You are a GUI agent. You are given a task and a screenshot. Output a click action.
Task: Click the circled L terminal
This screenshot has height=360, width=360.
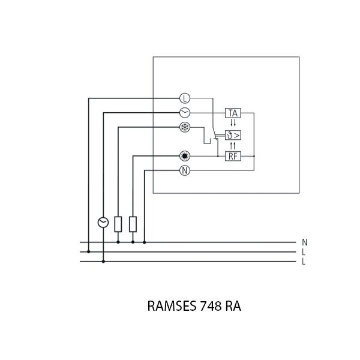click(x=185, y=98)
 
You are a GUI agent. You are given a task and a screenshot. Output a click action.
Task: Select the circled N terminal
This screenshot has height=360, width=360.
click(x=185, y=170)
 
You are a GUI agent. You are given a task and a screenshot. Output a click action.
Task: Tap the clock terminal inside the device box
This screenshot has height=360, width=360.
click(x=185, y=112)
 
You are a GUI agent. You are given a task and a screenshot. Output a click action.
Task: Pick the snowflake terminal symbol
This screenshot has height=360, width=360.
click(x=185, y=127)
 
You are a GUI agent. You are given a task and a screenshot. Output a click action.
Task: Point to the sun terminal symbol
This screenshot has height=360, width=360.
click(x=185, y=156)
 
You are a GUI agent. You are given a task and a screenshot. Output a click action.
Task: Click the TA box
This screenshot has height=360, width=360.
click(x=233, y=112)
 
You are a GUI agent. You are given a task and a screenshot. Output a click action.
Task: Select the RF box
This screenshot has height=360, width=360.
click(x=233, y=156)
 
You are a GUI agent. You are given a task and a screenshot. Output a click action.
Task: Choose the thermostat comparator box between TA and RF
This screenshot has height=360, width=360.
click(x=233, y=135)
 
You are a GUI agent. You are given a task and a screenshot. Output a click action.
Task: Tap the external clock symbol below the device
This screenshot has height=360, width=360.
click(x=103, y=223)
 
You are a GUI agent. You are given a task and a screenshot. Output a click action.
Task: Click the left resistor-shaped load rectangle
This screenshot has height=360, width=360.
click(x=118, y=224)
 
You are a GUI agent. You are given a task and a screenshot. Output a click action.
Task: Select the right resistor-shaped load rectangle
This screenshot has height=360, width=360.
click(x=133, y=224)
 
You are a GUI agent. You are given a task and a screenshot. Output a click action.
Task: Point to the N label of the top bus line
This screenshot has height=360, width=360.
click(x=305, y=242)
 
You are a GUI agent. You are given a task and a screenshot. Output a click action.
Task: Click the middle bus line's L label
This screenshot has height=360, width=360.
click(x=304, y=252)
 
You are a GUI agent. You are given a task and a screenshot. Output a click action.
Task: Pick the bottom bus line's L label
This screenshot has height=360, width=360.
click(x=304, y=262)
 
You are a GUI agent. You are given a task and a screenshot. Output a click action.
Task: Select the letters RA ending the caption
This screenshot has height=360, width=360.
click(x=233, y=306)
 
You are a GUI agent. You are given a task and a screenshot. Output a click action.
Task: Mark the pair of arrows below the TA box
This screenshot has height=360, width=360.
click(x=233, y=123)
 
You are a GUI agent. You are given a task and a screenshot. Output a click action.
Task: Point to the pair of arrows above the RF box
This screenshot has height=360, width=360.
click(x=233, y=146)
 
